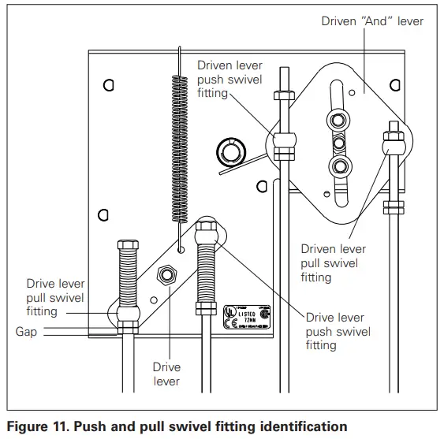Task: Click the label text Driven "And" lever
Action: pos(372,21)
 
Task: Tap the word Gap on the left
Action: pos(26,332)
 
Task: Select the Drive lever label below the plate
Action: pos(166,374)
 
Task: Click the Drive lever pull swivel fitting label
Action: pos(55,297)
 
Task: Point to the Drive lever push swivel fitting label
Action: pos(338,332)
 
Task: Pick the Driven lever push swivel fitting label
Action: pos(229,80)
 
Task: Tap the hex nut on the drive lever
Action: pos(166,275)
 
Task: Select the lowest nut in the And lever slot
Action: pos(341,166)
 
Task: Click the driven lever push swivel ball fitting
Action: pos(284,143)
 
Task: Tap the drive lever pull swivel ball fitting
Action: pos(127,315)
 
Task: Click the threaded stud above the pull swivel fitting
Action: pos(127,272)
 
